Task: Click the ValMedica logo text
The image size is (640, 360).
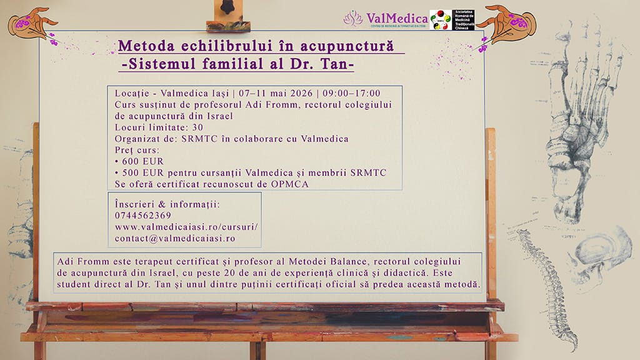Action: tap(396, 16)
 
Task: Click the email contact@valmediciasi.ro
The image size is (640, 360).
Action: tap(175, 238)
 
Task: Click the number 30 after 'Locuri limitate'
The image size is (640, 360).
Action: tap(197, 127)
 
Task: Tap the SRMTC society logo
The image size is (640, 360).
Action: tap(452, 19)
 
